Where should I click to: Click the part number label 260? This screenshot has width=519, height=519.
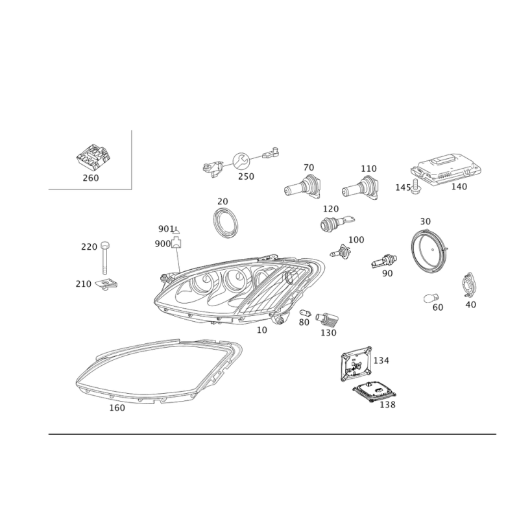pos(91,178)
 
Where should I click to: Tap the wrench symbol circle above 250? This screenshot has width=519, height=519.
pos(241,161)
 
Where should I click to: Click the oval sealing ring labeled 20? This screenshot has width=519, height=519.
pos(225,223)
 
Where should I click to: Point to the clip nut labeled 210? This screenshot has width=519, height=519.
pos(106,284)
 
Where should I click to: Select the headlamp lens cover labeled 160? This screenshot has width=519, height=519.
pos(159,371)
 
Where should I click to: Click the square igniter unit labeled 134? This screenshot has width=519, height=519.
pos(356,364)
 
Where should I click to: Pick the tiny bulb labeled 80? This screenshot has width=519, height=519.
pos(305,312)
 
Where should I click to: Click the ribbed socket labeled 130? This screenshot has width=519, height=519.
pos(327,319)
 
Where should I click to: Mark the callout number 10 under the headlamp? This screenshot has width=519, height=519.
pos(262,330)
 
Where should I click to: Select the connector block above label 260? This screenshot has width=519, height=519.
pos(93,157)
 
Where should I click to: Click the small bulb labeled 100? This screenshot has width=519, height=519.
pos(340,252)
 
